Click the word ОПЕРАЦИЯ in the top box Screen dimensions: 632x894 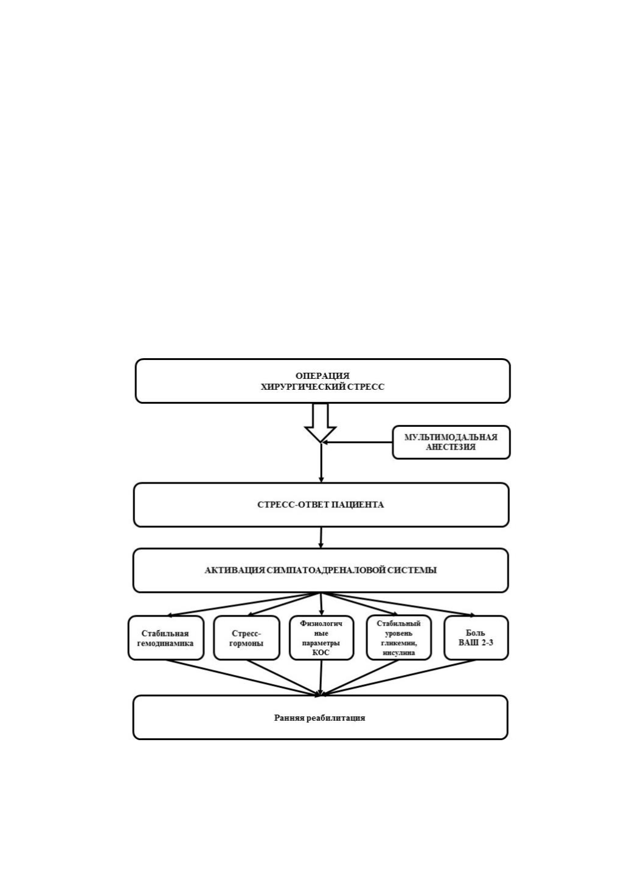[322, 376]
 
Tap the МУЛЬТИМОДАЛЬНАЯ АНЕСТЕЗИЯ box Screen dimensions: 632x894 [451, 442]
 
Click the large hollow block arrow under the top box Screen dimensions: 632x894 [320, 423]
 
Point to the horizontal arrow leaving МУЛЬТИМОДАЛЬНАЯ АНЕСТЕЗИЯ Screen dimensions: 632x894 [357, 442]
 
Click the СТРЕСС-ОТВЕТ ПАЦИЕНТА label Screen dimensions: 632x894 [321, 505]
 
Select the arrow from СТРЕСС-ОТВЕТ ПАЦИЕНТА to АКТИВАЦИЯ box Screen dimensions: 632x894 [321, 538]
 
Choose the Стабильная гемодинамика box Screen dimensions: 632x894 [165, 638]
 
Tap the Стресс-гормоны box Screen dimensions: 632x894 [246, 638]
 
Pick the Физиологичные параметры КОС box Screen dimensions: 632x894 [321, 638]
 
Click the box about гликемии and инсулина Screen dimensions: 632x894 [398, 638]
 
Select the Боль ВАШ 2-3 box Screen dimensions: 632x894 [476, 638]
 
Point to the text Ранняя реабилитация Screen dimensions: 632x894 [320, 718]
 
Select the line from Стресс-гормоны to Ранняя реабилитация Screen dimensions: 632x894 [283, 677]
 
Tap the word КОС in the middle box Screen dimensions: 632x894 [321, 653]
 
